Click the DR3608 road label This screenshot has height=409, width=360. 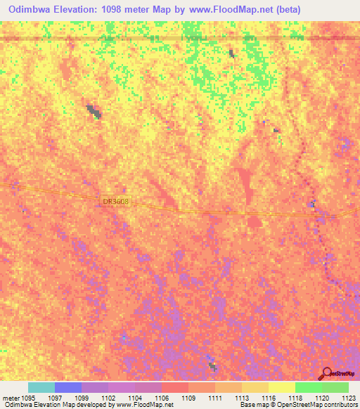click(x=116, y=201)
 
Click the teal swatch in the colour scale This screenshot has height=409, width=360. click(x=41, y=387)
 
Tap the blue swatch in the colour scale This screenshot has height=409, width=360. click(x=67, y=387)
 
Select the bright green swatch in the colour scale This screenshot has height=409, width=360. click(x=308, y=387)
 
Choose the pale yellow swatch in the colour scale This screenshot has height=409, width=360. click(x=281, y=387)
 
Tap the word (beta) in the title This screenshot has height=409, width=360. click(x=333, y=9)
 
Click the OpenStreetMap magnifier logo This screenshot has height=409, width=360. click(x=326, y=373)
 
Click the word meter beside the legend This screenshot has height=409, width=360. click(x=12, y=397)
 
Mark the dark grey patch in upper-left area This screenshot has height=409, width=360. click(x=94, y=110)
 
